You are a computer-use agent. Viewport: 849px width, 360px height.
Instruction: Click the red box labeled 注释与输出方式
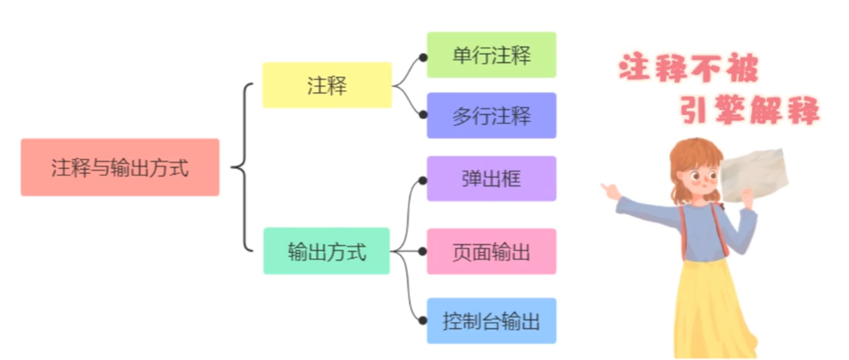(x=120, y=168)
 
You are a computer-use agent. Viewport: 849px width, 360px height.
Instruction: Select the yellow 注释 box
(x=327, y=85)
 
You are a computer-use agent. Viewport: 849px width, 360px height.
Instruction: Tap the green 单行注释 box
(x=492, y=55)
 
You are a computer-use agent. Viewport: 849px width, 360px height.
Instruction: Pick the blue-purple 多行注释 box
(x=492, y=116)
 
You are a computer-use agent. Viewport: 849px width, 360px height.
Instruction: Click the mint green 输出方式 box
(x=326, y=251)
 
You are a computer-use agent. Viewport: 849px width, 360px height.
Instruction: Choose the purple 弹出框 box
(x=492, y=179)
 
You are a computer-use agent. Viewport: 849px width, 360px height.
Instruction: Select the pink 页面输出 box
(x=492, y=251)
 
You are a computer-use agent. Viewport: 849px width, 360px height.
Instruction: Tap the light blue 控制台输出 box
(x=492, y=321)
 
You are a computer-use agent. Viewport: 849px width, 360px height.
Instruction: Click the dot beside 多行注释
(x=423, y=115)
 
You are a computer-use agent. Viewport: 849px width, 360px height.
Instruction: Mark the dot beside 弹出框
(x=423, y=181)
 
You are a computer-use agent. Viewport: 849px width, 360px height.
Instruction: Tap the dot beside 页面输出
(x=423, y=251)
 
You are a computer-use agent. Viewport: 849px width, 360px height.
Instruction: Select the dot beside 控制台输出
(x=423, y=320)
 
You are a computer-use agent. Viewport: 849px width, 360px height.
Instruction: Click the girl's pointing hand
(x=611, y=191)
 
